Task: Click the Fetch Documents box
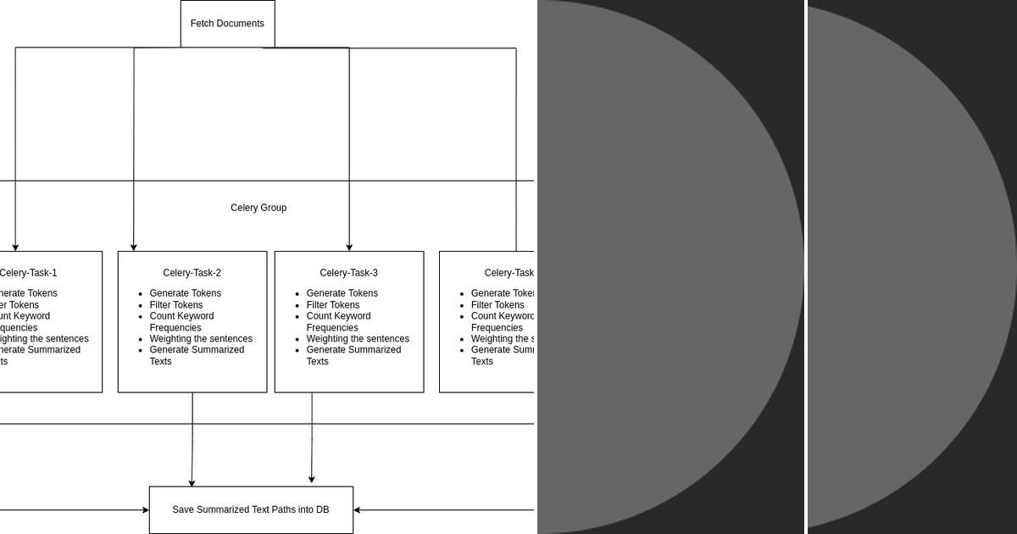click(x=227, y=24)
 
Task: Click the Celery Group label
click(x=258, y=208)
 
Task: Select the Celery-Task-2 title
click(x=192, y=273)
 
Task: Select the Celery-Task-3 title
click(x=348, y=273)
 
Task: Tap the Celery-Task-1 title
click(x=28, y=273)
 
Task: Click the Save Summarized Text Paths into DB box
click(x=251, y=510)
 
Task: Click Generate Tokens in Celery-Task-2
click(x=185, y=293)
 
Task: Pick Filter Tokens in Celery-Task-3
click(x=332, y=305)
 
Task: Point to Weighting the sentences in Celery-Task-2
click(x=201, y=339)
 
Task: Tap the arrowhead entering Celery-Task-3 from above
click(x=349, y=247)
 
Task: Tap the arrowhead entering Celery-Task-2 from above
click(x=134, y=247)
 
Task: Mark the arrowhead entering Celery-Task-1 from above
click(x=15, y=247)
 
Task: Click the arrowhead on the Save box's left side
click(x=145, y=510)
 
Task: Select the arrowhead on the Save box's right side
click(x=358, y=510)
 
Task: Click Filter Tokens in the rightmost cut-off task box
click(x=497, y=305)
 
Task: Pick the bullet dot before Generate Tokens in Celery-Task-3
click(x=297, y=294)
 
